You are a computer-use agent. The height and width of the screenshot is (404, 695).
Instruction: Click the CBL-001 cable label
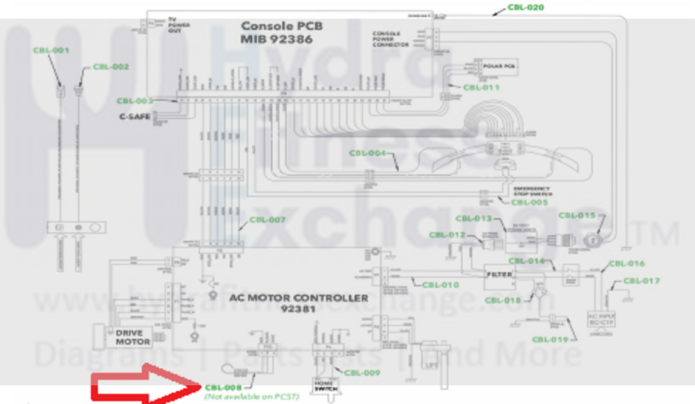point(51,50)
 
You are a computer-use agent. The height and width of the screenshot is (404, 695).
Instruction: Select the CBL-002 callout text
point(111,67)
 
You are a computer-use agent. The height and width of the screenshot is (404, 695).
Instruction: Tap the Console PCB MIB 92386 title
point(282,33)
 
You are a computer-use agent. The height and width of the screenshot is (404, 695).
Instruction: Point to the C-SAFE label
point(135,117)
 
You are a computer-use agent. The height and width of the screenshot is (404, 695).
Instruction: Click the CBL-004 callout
point(367,153)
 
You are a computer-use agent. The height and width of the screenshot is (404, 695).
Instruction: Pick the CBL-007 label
point(267,220)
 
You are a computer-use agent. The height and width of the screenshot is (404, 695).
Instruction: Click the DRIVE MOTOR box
point(133,337)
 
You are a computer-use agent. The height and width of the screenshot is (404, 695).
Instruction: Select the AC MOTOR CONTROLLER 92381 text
point(298,303)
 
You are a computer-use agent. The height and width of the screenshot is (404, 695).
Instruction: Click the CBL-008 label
point(223,387)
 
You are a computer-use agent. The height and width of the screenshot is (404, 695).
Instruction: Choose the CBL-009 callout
point(362,373)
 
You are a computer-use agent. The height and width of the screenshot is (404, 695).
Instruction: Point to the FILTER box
point(499,275)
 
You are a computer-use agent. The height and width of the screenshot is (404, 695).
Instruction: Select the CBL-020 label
point(525,7)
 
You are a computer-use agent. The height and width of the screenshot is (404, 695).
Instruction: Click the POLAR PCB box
point(499,67)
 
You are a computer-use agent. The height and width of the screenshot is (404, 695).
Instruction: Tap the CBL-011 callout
point(481,87)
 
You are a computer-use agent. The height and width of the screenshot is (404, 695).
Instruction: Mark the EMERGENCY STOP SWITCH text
point(532,191)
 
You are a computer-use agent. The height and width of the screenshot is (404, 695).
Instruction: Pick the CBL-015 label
point(576,215)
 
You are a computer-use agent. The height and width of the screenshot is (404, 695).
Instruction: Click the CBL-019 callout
point(550,340)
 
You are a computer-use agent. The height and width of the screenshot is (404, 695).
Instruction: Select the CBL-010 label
point(440,285)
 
